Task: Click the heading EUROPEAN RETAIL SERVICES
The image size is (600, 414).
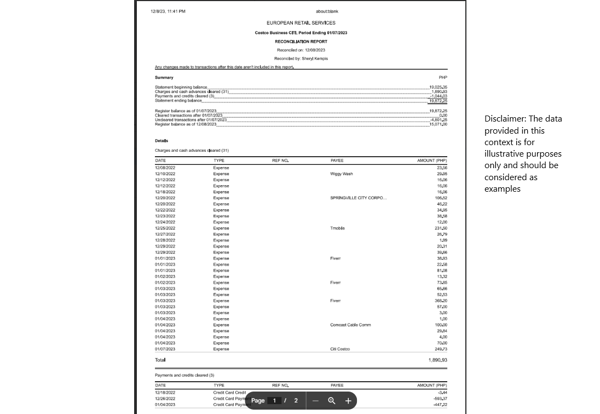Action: coord(301,23)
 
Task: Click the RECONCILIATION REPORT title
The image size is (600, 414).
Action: coord(301,42)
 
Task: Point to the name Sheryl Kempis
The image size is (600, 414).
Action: coord(315,59)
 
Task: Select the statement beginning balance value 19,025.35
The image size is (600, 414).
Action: coord(438,87)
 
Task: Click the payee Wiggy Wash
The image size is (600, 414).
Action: coord(342,174)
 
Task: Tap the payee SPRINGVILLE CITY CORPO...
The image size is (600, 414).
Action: coord(358,198)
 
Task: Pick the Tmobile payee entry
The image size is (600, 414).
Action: coord(338,228)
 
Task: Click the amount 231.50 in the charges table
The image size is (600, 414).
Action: coord(441,228)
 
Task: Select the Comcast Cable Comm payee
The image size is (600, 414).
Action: coord(350,325)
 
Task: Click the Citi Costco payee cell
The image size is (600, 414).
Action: coord(340,349)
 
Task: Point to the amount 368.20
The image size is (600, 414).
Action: coord(441,301)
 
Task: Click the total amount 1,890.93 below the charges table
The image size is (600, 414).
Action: coord(437,360)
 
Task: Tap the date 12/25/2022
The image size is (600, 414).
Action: coord(165,228)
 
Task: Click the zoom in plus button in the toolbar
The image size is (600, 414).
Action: coord(348,401)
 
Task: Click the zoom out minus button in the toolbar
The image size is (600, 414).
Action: coord(315,401)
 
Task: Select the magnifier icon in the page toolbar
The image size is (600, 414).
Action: coord(332,401)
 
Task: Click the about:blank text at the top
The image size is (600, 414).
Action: coord(327,12)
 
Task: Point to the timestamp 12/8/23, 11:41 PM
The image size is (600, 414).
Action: coord(168,12)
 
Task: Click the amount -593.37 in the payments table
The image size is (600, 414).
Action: coord(440,399)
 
